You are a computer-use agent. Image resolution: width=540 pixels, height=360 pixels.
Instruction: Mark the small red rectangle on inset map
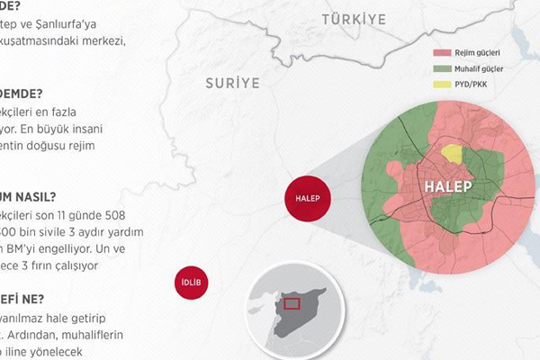[x=292, y=303]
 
